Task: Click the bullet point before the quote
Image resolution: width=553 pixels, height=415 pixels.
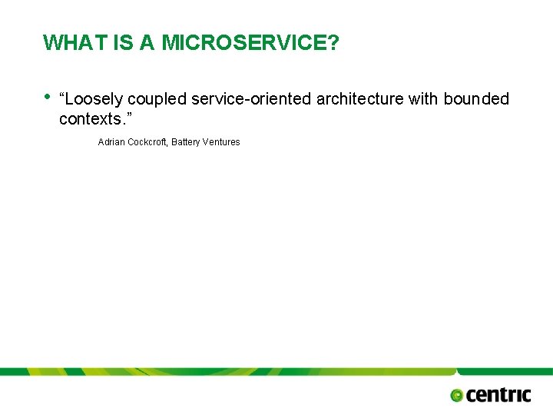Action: tap(48, 97)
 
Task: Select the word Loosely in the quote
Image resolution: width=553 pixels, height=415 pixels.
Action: tap(95, 99)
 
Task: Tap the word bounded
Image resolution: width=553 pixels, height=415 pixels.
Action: tap(476, 99)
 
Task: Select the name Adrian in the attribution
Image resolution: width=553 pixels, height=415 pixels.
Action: tap(111, 142)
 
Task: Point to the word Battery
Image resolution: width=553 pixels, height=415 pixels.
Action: tap(187, 142)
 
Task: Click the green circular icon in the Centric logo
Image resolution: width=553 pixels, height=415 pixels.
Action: tap(457, 395)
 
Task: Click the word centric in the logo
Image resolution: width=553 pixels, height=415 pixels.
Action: tap(498, 394)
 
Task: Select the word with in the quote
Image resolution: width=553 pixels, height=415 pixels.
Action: tap(421, 99)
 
